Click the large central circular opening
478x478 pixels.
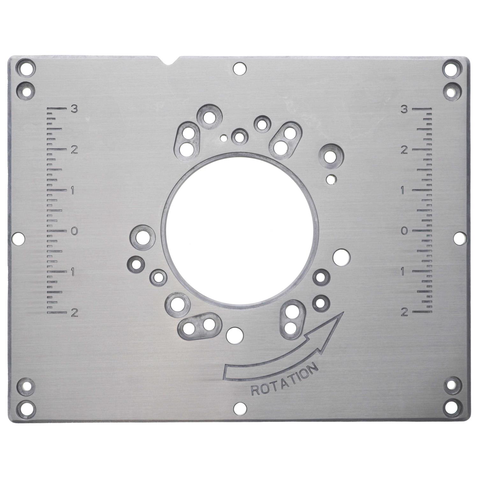(x=240, y=228)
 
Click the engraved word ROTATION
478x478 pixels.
(x=285, y=381)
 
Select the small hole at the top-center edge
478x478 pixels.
(x=239, y=68)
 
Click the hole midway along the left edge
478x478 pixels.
(x=18, y=238)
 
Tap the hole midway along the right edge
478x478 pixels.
(x=460, y=238)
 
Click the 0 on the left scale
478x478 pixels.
(x=74, y=231)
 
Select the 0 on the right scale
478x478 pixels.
(x=404, y=231)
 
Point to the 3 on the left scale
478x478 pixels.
(x=74, y=109)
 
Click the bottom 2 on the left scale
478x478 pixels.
(x=74, y=313)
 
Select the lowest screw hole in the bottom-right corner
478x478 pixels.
(x=452, y=405)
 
